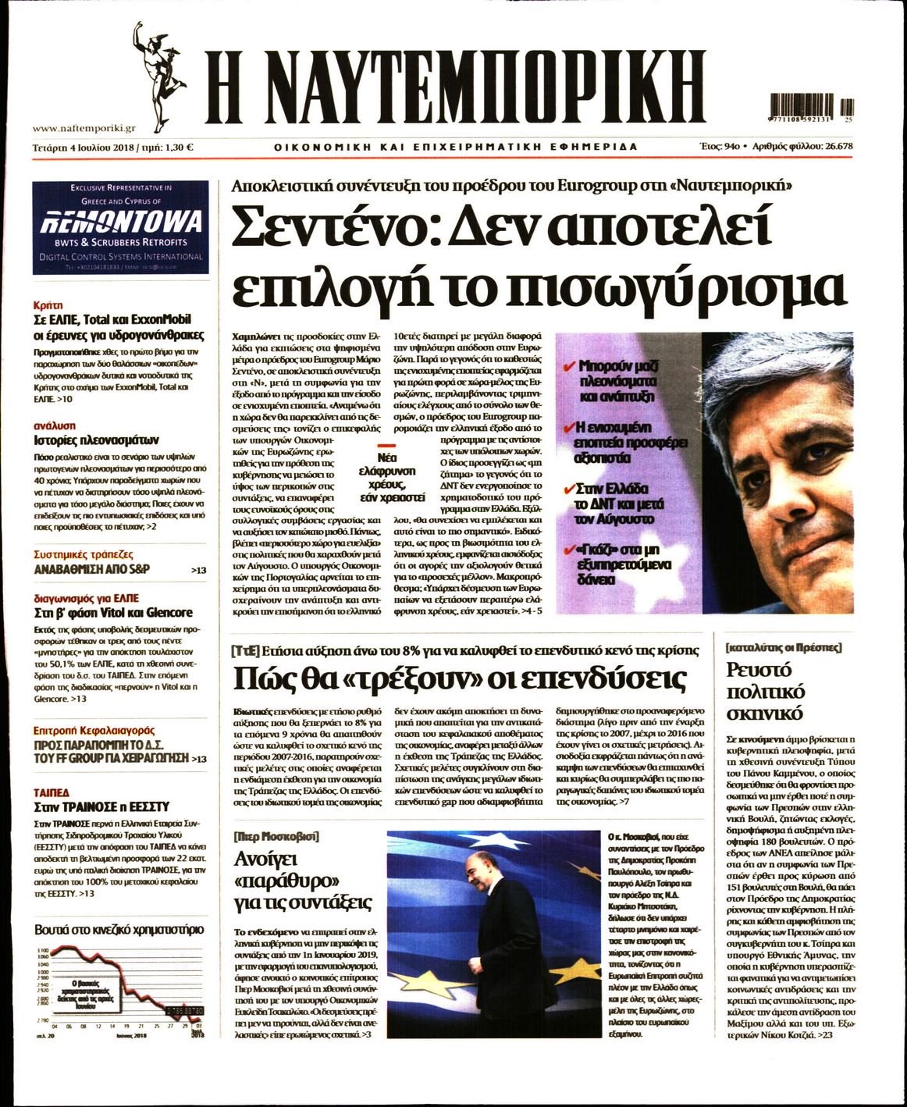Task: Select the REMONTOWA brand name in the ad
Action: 120,222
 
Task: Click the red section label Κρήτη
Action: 48,304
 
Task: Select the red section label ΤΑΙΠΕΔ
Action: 52,792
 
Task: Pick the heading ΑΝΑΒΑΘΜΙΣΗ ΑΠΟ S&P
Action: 92,569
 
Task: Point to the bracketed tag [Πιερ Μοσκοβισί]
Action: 276,836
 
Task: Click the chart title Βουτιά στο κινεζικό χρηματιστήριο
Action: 119,929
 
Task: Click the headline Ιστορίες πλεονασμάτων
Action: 96,440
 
